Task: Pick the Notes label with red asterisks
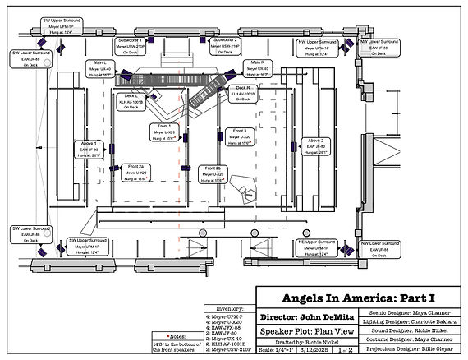coord(176,336)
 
